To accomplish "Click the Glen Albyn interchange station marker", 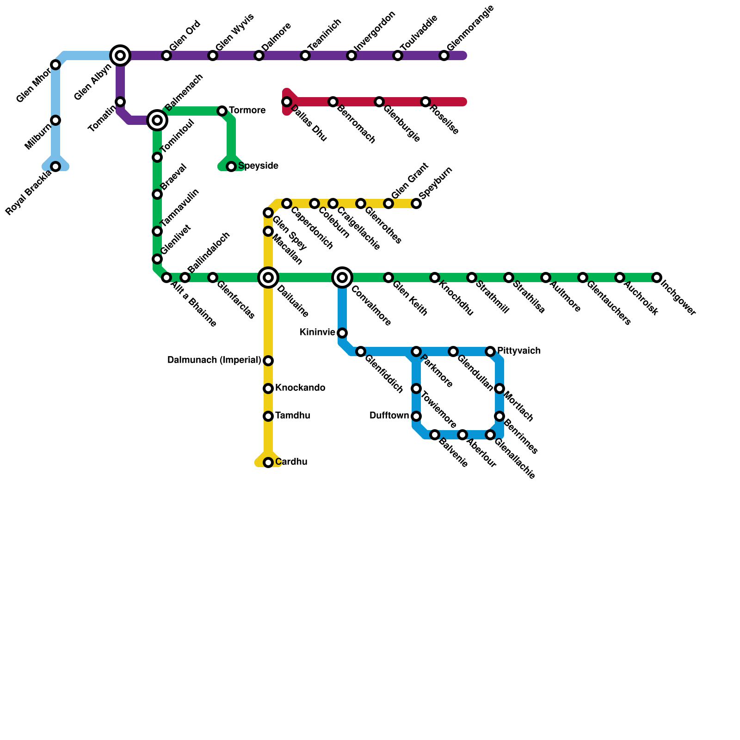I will click(x=120, y=55).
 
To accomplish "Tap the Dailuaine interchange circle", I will click(x=268, y=277).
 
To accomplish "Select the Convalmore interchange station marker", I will click(x=342, y=277).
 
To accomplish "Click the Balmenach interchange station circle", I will click(x=157, y=120).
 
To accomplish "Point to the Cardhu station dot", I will click(x=268, y=462).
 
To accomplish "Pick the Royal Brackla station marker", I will click(x=55, y=166).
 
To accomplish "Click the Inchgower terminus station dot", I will click(x=657, y=277).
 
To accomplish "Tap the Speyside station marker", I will click(x=231, y=166).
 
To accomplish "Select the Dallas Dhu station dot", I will click(x=287, y=102).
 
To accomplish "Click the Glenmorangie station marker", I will click(x=444, y=55).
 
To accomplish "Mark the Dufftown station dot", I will click(x=416, y=416).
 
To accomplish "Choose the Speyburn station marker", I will click(x=416, y=203).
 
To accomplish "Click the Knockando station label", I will click(x=300, y=388).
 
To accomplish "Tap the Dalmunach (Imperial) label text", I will click(x=214, y=360).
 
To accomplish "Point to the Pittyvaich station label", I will click(x=518, y=351).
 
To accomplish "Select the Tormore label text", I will click(x=247, y=111).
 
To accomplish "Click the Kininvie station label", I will click(x=317, y=333).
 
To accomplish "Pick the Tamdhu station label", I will click(x=292, y=416).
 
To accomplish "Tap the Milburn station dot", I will click(x=55, y=120).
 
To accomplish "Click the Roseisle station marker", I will click(x=425, y=102).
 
